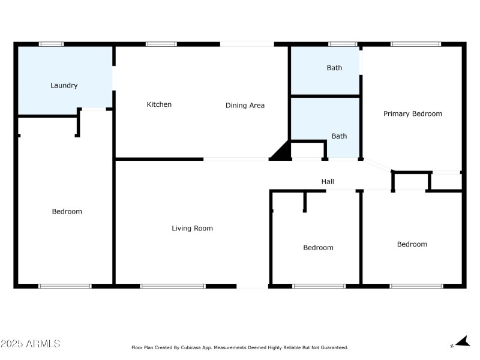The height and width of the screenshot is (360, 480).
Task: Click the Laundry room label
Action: click(x=64, y=85)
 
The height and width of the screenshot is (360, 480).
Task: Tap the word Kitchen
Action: click(x=159, y=104)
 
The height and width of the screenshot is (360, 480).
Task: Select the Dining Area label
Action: click(x=245, y=106)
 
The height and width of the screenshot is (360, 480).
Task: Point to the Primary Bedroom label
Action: click(x=413, y=113)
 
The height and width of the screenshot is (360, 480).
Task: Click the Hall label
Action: click(x=328, y=181)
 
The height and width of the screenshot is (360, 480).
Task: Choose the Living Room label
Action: click(x=192, y=228)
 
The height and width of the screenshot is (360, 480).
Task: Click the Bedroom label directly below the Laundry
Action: click(x=67, y=211)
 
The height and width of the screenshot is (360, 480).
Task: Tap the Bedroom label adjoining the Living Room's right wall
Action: click(x=318, y=247)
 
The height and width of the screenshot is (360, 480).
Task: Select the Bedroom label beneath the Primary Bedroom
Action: click(x=412, y=244)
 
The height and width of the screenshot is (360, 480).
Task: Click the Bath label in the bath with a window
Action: click(x=334, y=68)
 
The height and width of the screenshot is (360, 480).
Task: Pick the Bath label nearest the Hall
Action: click(x=339, y=136)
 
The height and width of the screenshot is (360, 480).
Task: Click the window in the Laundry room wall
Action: click(x=52, y=44)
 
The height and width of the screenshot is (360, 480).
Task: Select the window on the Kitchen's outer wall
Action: click(x=161, y=44)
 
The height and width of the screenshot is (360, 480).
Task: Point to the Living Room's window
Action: click(x=173, y=286)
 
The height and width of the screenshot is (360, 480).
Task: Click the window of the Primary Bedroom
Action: click(x=416, y=44)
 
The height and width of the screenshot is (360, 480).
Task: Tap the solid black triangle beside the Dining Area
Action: click(x=281, y=152)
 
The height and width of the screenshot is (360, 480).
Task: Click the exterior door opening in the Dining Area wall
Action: click(x=247, y=44)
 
